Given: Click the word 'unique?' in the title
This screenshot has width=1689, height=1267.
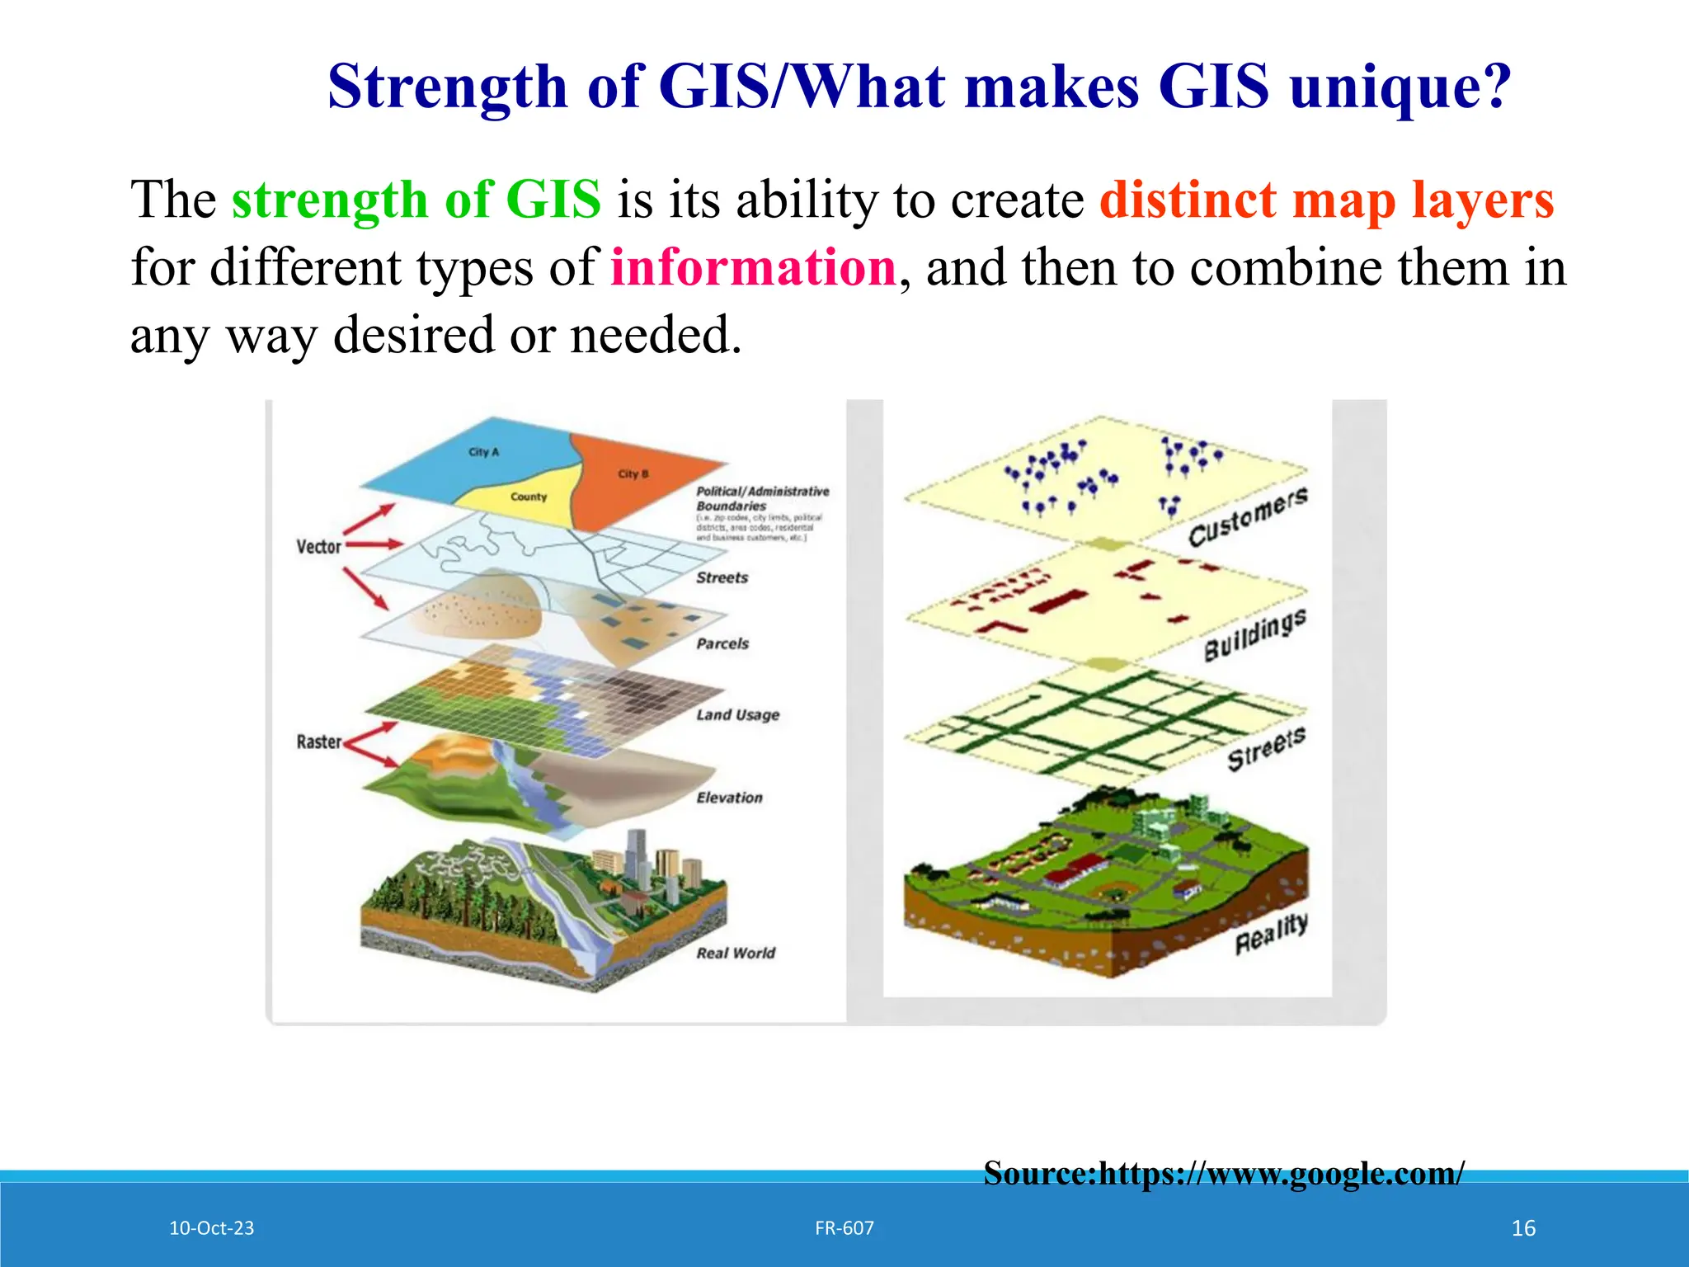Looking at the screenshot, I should pyautogui.click(x=1400, y=87).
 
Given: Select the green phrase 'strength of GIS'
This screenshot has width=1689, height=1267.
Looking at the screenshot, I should pyautogui.click(x=416, y=200).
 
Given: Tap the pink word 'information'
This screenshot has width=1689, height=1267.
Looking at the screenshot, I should pyautogui.click(x=753, y=267).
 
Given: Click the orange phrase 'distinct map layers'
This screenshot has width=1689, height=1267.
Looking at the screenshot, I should pyautogui.click(x=1326, y=200).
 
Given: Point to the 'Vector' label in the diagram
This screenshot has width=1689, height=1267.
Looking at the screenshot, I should pyautogui.click(x=318, y=547).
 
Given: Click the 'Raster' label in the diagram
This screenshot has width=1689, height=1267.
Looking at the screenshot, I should pyautogui.click(x=318, y=742).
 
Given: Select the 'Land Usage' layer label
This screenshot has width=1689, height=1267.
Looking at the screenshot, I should pyautogui.click(x=737, y=715).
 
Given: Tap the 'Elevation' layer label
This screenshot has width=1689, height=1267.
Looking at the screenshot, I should pyautogui.click(x=729, y=798).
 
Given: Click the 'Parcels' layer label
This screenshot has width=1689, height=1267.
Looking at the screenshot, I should pyautogui.click(x=722, y=643).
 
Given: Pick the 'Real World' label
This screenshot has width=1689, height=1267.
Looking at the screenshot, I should pyautogui.click(x=736, y=953).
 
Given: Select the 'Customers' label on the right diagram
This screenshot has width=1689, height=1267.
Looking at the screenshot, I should pyautogui.click(x=1248, y=516).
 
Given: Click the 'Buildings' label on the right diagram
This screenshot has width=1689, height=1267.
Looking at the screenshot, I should pyautogui.click(x=1254, y=636).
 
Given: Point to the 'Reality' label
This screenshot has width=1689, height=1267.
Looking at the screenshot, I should pyautogui.click(x=1271, y=934).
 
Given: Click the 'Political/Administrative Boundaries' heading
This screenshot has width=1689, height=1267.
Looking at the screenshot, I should pyautogui.click(x=761, y=498).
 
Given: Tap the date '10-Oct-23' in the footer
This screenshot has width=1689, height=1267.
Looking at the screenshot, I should pyautogui.click(x=211, y=1227).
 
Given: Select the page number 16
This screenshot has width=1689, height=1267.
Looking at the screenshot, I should pyautogui.click(x=1523, y=1228).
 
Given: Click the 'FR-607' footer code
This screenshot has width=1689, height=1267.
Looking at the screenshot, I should pyautogui.click(x=844, y=1227).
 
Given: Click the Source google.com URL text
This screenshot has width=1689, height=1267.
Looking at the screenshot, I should pyautogui.click(x=1224, y=1173).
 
